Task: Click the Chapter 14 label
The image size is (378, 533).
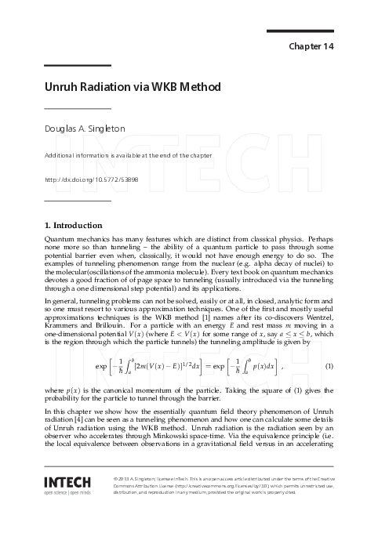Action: click(x=312, y=46)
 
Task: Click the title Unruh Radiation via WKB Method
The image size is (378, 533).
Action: click(x=133, y=86)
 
